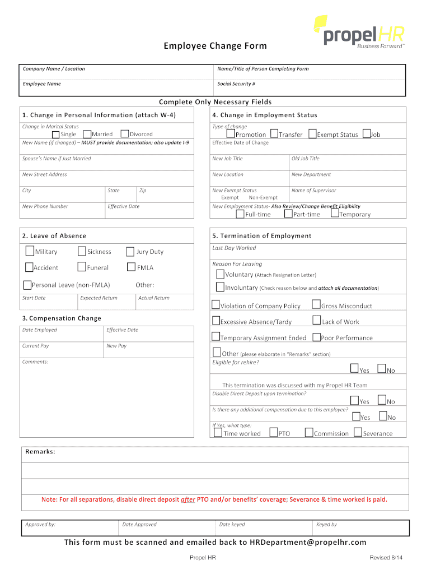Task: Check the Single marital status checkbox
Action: click(56, 134)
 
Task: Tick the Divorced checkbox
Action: click(125, 134)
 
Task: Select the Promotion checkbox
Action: click(231, 134)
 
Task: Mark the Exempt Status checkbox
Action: click(312, 134)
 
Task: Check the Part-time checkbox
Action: click(288, 214)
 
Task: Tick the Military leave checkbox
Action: click(30, 251)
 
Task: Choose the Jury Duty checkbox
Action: click(130, 252)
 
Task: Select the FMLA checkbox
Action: click(132, 267)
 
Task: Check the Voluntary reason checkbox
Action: click(220, 274)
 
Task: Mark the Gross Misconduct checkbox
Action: click(316, 305)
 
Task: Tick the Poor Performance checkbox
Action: click(316, 337)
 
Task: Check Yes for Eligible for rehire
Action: click(354, 368)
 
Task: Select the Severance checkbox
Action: click(358, 432)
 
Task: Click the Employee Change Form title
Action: click(215, 45)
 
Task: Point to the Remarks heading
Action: click(40, 451)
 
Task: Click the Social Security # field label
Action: click(236, 84)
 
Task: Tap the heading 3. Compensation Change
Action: click(62, 318)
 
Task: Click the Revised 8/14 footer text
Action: click(386, 558)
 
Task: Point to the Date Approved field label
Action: click(139, 525)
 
